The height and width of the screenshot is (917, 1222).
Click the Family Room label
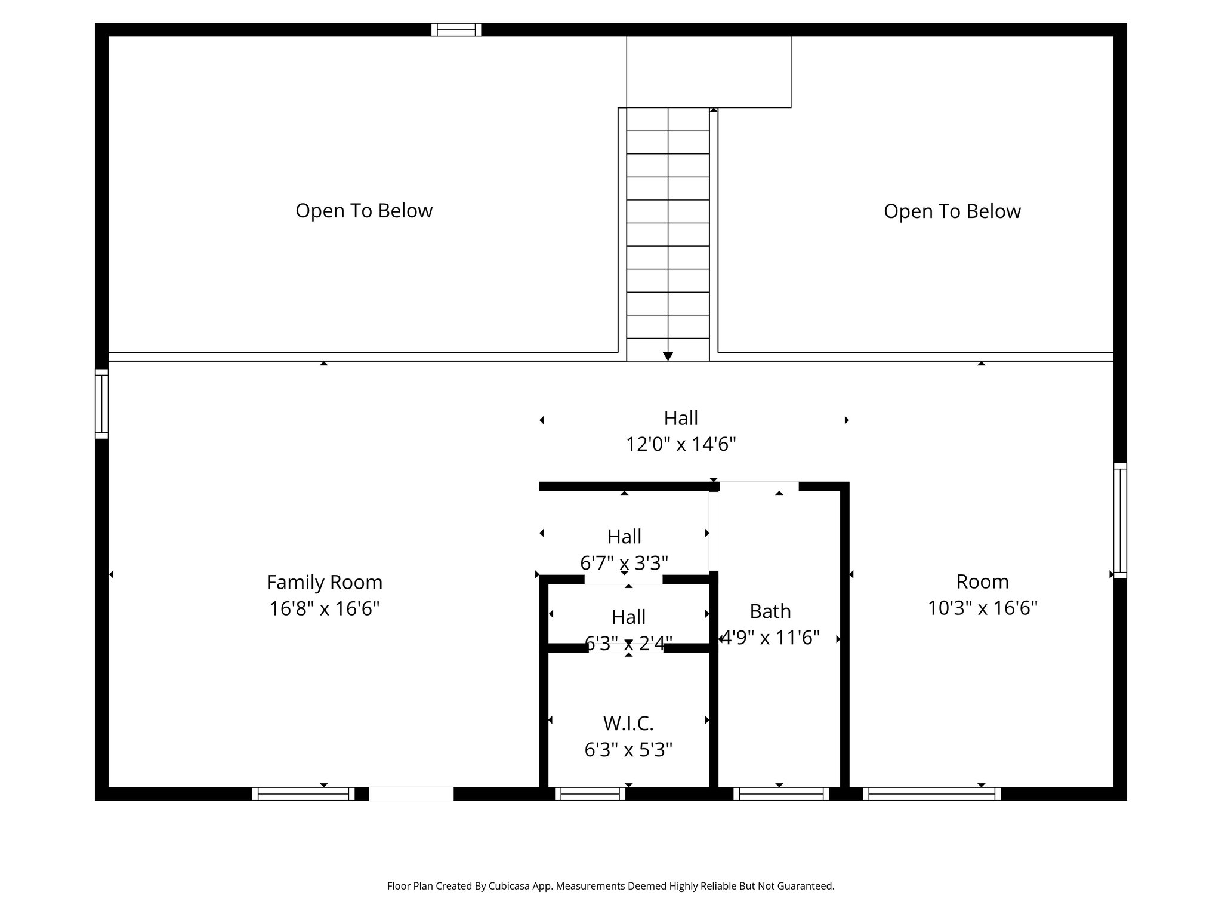click(x=324, y=582)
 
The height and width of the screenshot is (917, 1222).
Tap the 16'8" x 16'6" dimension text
click(x=324, y=609)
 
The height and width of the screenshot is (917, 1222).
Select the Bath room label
click(x=770, y=611)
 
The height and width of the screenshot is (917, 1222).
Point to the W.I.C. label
click(x=628, y=724)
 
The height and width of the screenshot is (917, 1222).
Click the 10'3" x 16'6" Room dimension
click(x=982, y=608)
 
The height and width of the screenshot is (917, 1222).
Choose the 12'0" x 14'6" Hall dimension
click(x=681, y=445)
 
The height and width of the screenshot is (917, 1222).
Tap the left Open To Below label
click(x=364, y=211)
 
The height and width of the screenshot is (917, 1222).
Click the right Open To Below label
click(x=952, y=211)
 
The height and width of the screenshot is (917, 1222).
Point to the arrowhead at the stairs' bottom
click(x=668, y=356)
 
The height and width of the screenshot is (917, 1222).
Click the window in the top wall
click(x=456, y=30)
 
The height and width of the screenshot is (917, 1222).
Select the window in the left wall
click(x=101, y=404)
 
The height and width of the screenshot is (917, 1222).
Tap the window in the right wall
click(x=1120, y=521)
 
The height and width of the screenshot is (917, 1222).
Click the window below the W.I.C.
click(x=590, y=794)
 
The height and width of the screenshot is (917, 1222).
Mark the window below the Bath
click(x=781, y=794)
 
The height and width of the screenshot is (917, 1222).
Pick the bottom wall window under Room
click(x=931, y=794)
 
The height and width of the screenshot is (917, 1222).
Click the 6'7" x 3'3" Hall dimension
click(x=624, y=563)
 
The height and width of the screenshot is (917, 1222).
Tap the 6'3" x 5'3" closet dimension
click(x=628, y=750)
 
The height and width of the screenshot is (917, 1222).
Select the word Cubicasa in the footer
click(x=511, y=886)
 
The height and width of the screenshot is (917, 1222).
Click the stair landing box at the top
click(x=708, y=72)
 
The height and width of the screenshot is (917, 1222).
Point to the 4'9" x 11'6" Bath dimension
click(x=770, y=638)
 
